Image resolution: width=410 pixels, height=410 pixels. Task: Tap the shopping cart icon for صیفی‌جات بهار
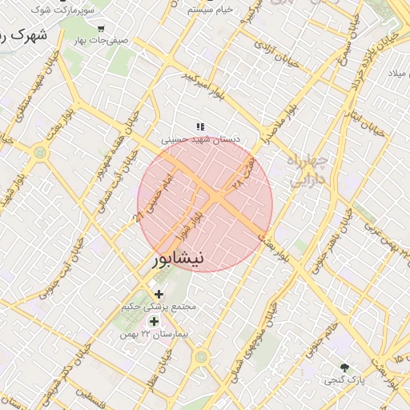point(100,28)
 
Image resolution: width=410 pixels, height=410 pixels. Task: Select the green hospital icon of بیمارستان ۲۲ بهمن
point(154,321)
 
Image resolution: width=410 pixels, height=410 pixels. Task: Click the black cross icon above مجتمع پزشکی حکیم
point(159,295)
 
